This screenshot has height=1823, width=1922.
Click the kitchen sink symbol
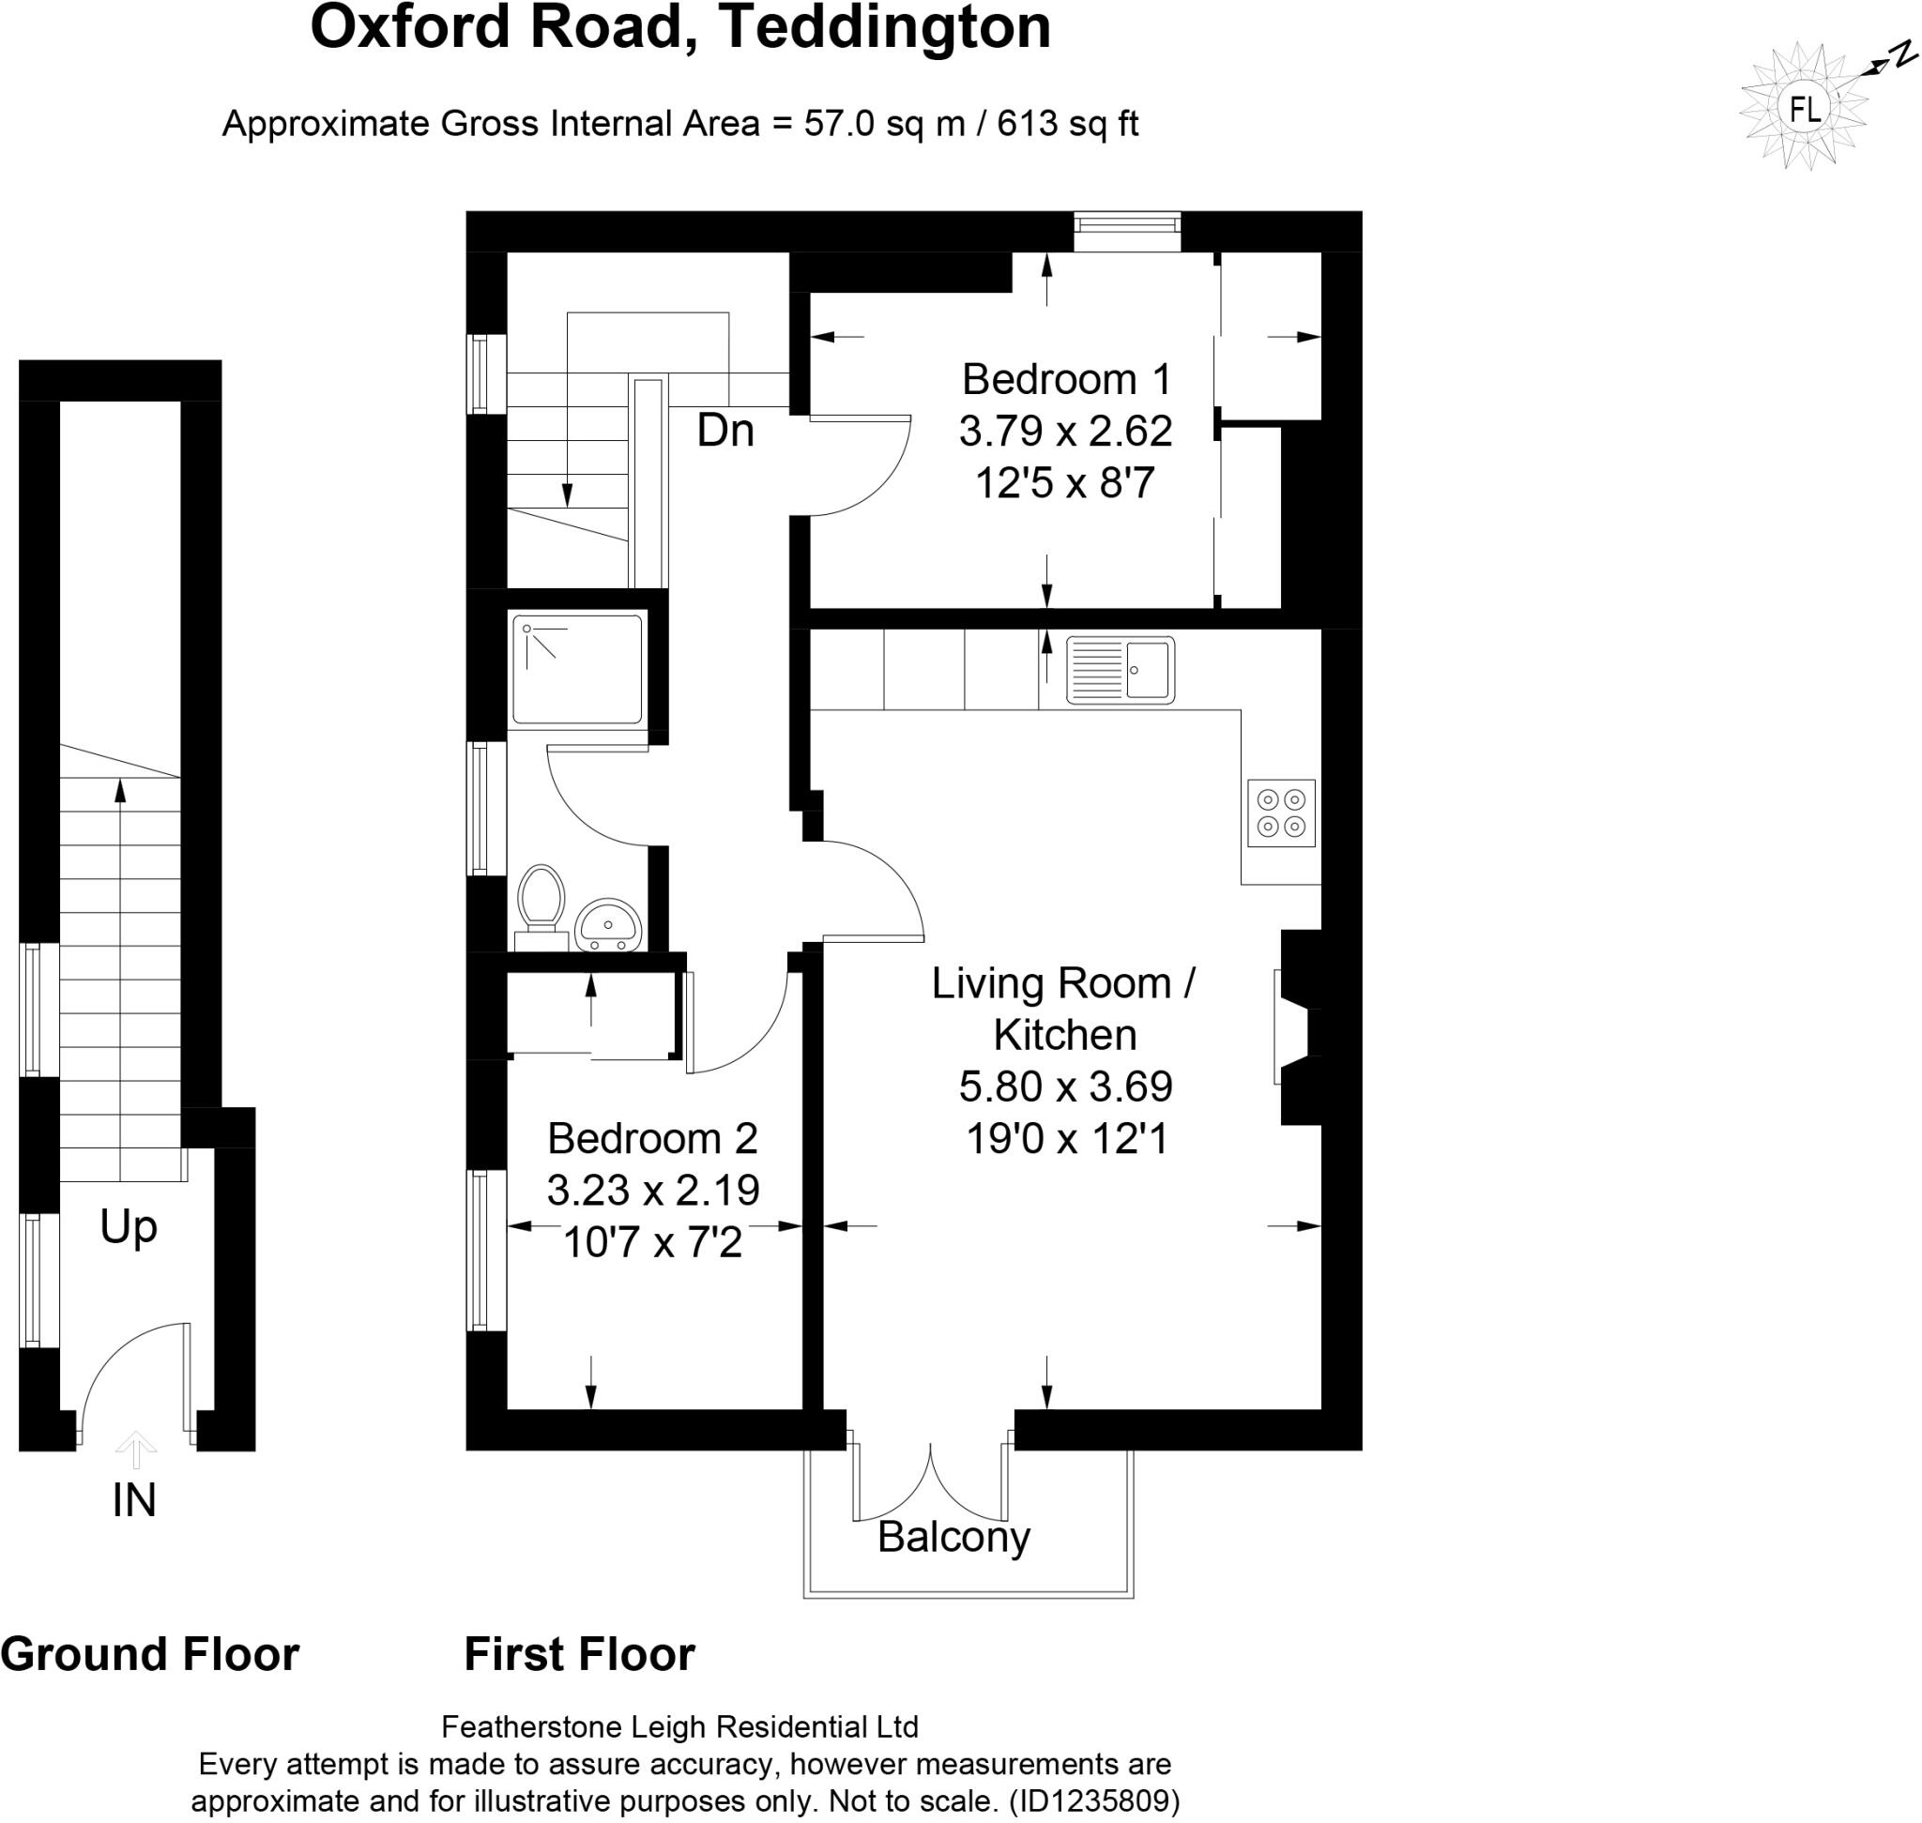[x=1119, y=670]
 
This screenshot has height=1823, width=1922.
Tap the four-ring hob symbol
[x=1280, y=813]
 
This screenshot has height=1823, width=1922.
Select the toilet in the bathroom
[x=541, y=901]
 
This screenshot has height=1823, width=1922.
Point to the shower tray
[x=577, y=669]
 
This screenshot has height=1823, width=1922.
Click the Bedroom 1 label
[x=1065, y=379]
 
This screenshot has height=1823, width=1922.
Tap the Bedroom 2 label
[x=652, y=1138]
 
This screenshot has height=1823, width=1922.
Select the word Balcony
[x=953, y=1536]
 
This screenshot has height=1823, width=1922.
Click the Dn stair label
[x=725, y=431]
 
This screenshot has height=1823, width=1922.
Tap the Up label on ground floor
[x=129, y=1227]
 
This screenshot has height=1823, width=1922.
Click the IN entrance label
[x=134, y=1500]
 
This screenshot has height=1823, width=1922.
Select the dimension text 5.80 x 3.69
[x=1065, y=1086]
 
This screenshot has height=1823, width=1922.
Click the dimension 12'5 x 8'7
[x=1065, y=483]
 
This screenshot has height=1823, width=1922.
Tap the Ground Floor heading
[x=150, y=1655]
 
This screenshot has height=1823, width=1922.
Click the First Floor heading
[x=579, y=1655]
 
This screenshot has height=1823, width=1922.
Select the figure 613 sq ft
[x=1066, y=124]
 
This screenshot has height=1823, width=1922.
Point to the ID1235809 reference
[x=1093, y=1800]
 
